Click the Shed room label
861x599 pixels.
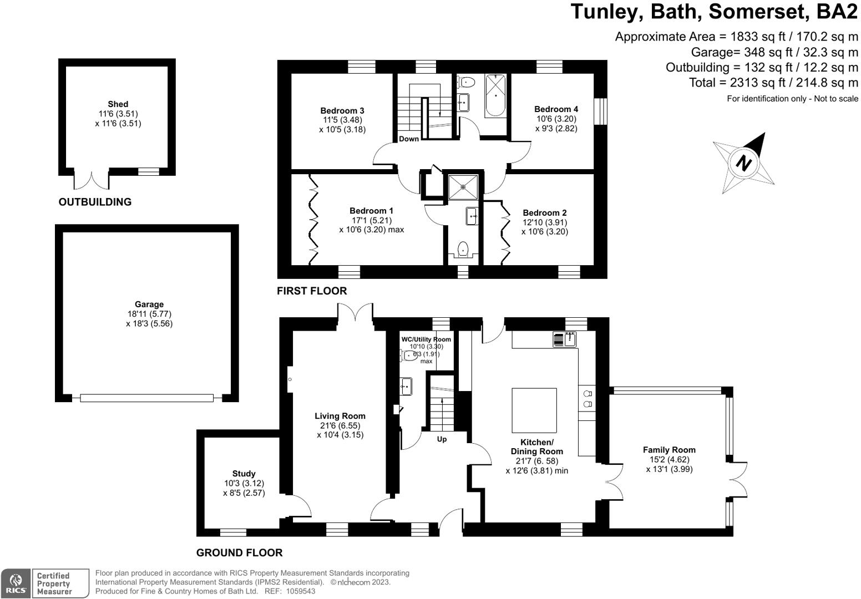118,104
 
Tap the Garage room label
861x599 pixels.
149,304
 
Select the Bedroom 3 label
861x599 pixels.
342,110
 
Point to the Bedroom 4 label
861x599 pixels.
556,109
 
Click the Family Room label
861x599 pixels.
668,450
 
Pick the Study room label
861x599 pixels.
244,474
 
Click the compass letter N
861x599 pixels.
743,163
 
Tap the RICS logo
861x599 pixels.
16,583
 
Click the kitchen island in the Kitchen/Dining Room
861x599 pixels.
534,410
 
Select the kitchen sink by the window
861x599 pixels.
565,339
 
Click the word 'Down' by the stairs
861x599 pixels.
409,139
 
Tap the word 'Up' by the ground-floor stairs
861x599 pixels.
442,439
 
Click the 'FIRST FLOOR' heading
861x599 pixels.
311,291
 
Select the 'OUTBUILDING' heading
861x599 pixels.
95,202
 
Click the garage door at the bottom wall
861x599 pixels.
146,398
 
